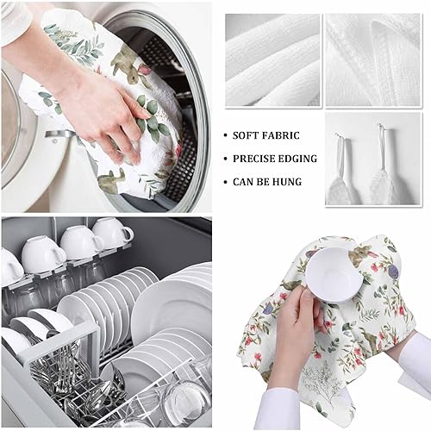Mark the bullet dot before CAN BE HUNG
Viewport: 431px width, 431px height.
(225, 182)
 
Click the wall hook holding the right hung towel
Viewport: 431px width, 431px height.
(380, 127)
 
